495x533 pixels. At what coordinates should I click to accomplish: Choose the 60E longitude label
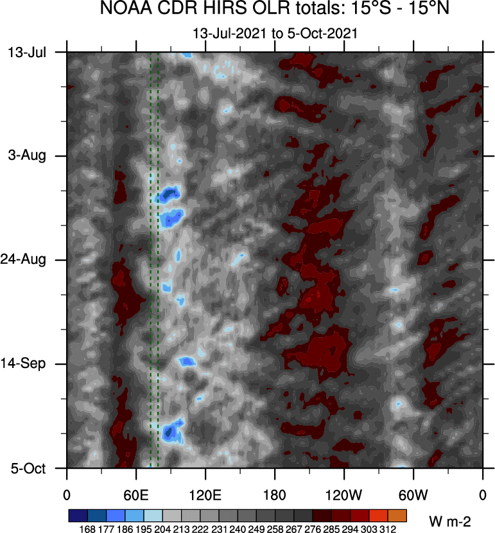(x=136, y=495)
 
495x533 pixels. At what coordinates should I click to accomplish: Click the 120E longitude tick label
(x=205, y=495)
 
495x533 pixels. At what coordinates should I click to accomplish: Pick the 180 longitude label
(x=275, y=495)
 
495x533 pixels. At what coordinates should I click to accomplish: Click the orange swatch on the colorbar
(x=397, y=516)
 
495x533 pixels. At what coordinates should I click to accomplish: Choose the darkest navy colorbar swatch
(x=77, y=516)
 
